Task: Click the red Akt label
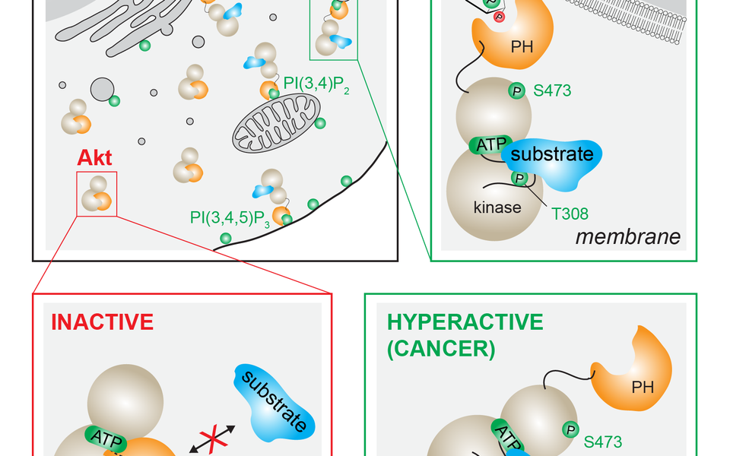point(94,158)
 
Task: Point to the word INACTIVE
point(102,321)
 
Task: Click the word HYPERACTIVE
point(465,322)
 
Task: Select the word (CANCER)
point(442,349)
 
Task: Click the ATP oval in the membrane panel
point(489,144)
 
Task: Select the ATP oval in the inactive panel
point(104,436)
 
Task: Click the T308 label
point(570,214)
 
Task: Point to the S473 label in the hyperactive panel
point(603,441)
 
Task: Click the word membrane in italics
point(627,237)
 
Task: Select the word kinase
point(497,206)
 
